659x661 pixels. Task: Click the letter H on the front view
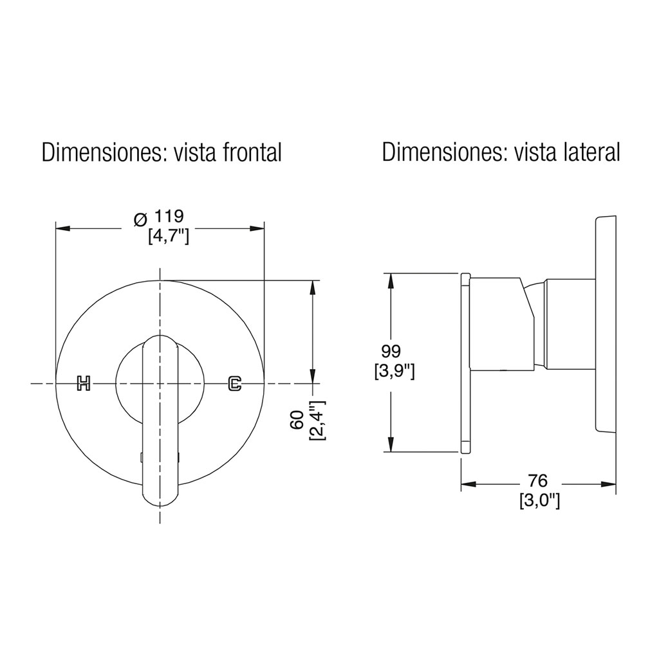(84, 383)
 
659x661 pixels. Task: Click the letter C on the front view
(234, 383)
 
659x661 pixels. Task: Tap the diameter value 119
(169, 216)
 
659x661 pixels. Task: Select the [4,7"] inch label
(169, 237)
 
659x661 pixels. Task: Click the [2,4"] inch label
(318, 421)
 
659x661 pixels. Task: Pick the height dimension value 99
(391, 350)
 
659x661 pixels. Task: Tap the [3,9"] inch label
(394, 372)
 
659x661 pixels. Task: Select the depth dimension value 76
(537, 480)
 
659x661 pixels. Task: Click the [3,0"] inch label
(539, 502)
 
